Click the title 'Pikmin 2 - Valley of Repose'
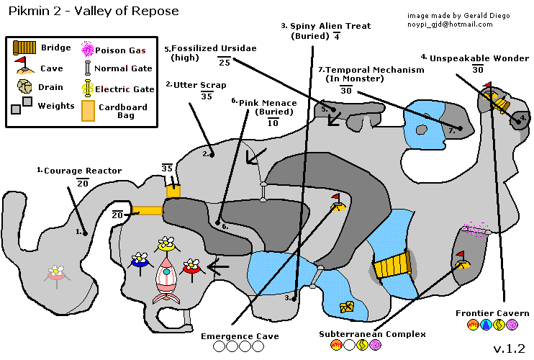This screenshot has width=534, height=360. pos(94,13)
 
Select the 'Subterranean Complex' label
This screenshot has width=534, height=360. pos(373,334)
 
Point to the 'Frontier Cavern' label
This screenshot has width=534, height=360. pos(492,313)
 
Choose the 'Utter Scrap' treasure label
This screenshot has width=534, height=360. pos(192,84)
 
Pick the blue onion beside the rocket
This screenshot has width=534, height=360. pos(140,260)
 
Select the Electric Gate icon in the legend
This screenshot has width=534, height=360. pos(89,88)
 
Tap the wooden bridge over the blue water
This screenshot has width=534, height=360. pos(392,266)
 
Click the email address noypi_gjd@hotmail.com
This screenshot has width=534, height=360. pos(450,24)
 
